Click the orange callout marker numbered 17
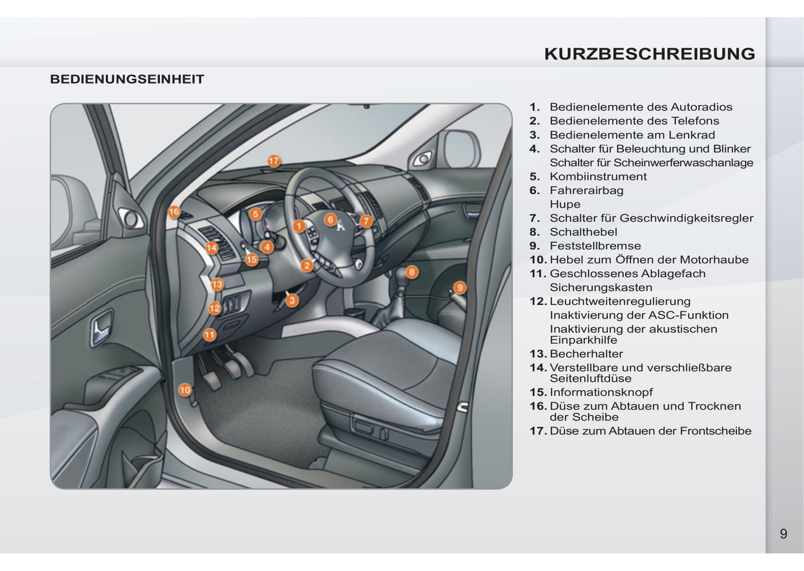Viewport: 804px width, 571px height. (274, 161)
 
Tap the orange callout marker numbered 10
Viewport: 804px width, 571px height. (185, 390)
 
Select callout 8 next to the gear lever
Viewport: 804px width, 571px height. (412, 272)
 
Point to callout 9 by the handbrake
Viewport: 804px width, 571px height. (460, 288)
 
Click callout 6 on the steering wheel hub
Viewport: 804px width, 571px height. (331, 219)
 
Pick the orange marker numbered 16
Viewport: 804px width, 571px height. (174, 212)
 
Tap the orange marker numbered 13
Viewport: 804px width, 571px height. (217, 285)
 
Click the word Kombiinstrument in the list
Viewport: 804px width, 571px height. (598, 176)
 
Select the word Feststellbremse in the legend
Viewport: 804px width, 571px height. (595, 246)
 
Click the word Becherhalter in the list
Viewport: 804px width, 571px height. (586, 354)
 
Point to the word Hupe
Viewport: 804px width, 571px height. (565, 204)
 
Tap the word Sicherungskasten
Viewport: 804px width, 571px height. (601, 288)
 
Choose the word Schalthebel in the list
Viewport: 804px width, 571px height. (583, 232)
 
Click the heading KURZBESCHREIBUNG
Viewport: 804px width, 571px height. (650, 54)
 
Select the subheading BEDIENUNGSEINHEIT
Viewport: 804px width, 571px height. (127, 79)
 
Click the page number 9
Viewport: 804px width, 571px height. (783, 534)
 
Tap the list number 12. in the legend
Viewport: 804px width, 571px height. (539, 301)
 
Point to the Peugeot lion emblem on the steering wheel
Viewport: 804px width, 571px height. (341, 226)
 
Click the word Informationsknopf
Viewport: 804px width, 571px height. (601, 392)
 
